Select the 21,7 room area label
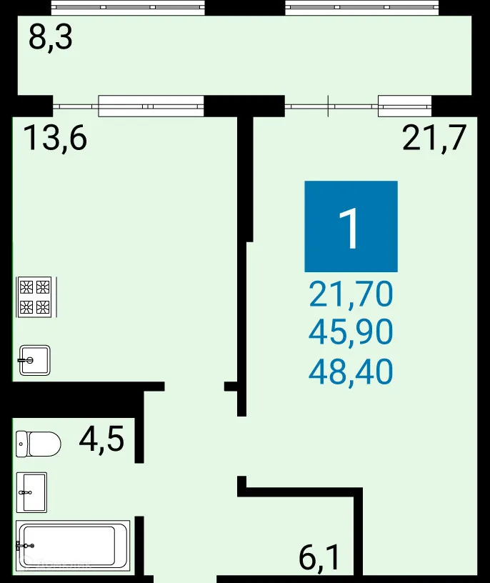click(434, 137)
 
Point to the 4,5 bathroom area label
click(101, 439)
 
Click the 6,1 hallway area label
click(319, 557)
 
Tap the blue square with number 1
click(351, 226)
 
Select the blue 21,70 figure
click(351, 294)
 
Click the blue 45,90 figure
click(351, 332)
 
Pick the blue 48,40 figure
click(351, 371)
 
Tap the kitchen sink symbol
click(34, 360)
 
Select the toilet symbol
click(38, 444)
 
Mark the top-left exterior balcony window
click(129, 8)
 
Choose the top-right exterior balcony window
click(362, 8)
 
